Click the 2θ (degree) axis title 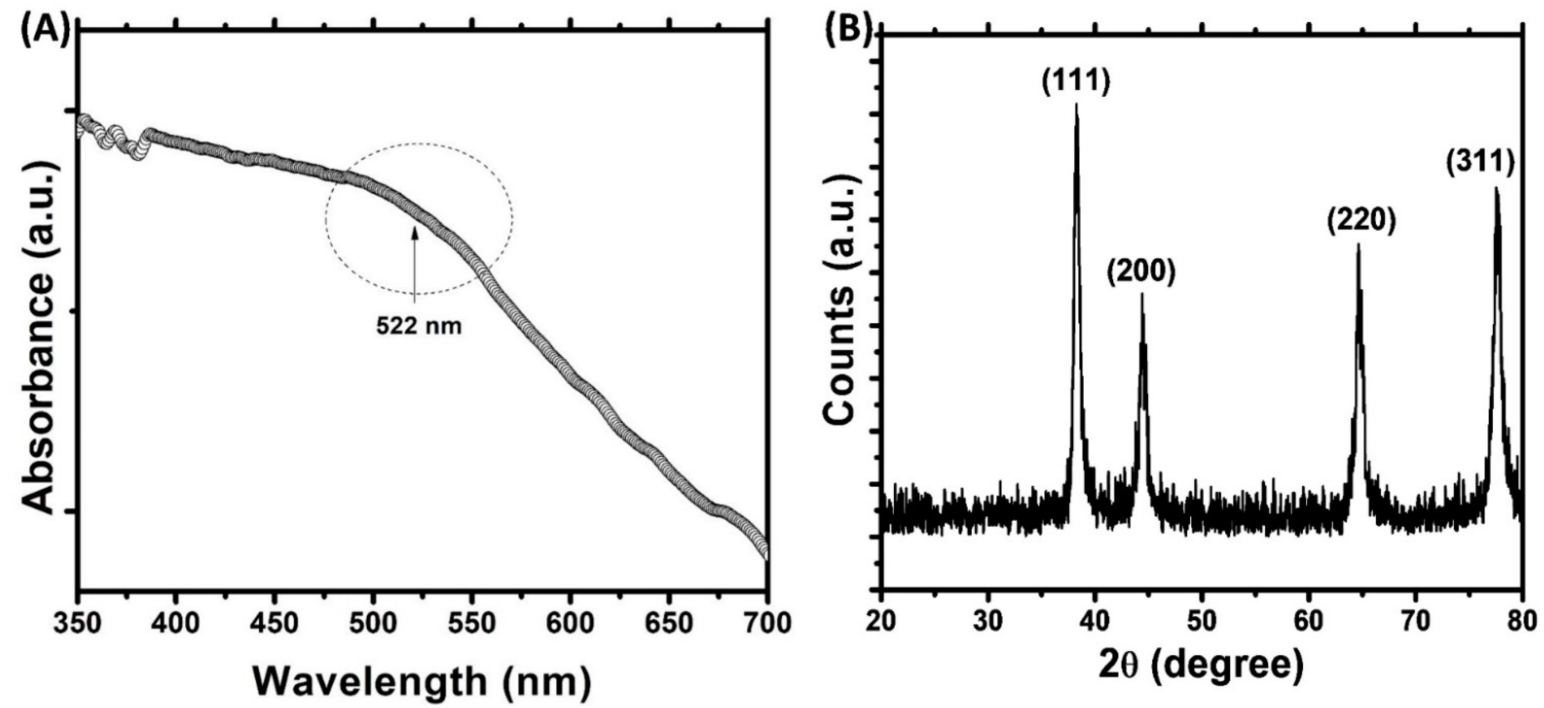tap(1201, 681)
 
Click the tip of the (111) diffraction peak tap(1076, 105)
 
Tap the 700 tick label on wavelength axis tap(767, 623)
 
